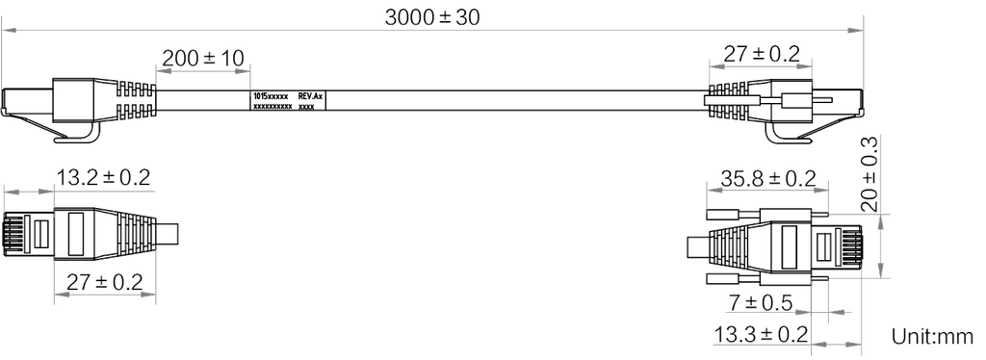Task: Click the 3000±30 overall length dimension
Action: (x=432, y=17)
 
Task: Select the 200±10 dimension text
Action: (x=202, y=57)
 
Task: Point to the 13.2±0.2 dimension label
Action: (x=105, y=177)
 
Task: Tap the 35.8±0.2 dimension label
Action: (x=768, y=178)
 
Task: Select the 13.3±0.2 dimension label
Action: (x=761, y=334)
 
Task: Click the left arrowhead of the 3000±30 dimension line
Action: (x=8, y=30)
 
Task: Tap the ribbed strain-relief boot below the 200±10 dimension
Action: (x=135, y=98)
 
